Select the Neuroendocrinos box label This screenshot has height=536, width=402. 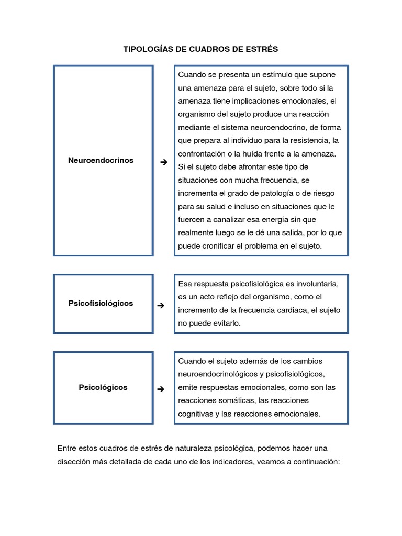[100, 160]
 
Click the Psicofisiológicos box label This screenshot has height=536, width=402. [100, 303]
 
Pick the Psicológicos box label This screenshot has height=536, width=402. [103, 388]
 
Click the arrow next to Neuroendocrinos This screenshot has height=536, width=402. [163, 162]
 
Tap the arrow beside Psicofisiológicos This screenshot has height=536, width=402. [161, 305]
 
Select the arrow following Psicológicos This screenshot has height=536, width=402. [161, 389]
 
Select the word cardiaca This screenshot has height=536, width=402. [290, 310]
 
